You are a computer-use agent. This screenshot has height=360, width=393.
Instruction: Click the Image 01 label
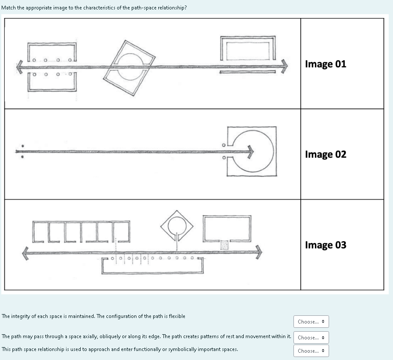pos(325,64)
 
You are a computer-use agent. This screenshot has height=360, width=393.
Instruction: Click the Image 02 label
pos(325,154)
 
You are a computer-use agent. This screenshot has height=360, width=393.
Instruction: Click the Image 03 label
pos(325,245)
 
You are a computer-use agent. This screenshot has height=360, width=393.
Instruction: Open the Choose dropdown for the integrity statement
pos(311,321)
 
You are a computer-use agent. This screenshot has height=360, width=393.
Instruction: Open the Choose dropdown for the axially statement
pos(311,338)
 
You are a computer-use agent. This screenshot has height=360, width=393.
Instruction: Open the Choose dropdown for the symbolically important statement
pos(311,351)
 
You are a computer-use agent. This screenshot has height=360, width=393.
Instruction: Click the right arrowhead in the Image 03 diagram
pos(258,252)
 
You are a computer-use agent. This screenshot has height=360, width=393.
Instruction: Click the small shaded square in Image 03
pos(224,245)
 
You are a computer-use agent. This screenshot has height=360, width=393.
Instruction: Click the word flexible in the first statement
pos(176,316)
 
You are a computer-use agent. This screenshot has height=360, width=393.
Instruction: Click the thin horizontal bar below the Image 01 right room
pos(248,72)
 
